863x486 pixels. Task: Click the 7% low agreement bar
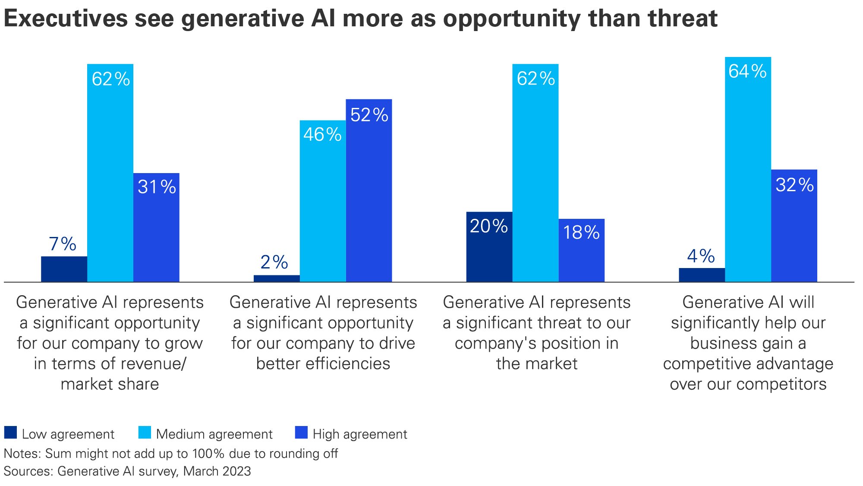pos(64,269)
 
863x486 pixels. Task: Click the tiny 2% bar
pos(276,278)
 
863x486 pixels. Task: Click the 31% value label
pos(157,187)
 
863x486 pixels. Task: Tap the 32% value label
pos(794,185)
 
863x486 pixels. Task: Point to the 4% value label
pos(701,256)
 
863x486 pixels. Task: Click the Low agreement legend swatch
pos(10,432)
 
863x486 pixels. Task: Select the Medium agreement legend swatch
pos(145,432)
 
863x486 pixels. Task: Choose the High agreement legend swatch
pos(301,432)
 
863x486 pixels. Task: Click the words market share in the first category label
pos(110,384)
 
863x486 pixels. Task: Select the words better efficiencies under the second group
pos(323,363)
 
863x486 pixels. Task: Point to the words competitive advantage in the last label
pos(748,363)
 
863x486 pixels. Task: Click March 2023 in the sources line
pos(217,471)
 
